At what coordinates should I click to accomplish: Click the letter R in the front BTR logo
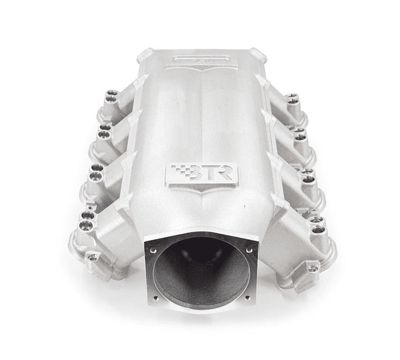(x=225, y=174)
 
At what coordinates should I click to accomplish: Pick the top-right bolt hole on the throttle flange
(x=249, y=250)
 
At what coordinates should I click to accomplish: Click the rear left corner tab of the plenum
(x=145, y=56)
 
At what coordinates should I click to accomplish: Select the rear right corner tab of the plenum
(x=258, y=56)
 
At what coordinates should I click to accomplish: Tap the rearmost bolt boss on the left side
(x=111, y=95)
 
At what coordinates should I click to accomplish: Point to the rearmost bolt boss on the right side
(x=292, y=98)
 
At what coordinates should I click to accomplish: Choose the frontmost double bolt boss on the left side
(x=87, y=220)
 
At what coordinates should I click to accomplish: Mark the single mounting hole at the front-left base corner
(x=93, y=256)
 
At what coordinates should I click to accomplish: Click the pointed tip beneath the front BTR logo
(x=201, y=193)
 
